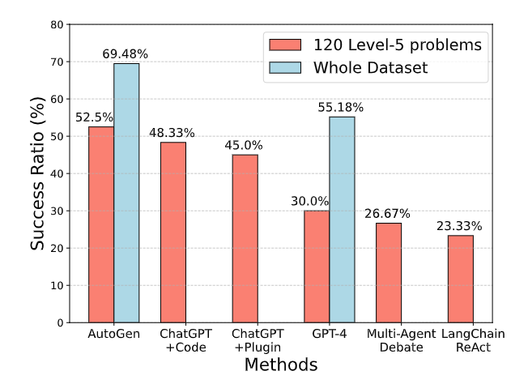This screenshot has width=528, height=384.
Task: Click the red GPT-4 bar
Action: click(317, 267)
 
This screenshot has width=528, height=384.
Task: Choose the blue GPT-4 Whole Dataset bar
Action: click(342, 220)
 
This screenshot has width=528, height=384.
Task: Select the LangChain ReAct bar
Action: click(460, 279)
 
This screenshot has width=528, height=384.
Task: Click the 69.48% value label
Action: click(126, 53)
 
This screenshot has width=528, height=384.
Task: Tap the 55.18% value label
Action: click(341, 107)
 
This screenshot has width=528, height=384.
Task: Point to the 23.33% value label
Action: click(460, 226)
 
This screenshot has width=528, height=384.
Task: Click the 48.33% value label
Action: click(173, 133)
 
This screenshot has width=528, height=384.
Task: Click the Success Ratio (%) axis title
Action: click(38, 173)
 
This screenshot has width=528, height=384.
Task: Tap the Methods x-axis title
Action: click(281, 365)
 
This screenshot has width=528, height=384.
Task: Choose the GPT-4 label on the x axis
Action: click(329, 333)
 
